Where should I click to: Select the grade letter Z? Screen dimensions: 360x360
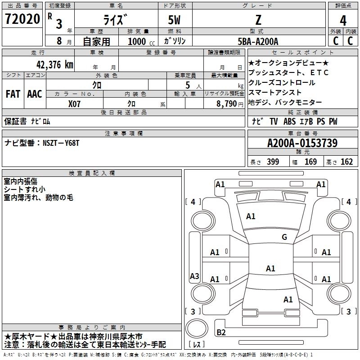point(257,20)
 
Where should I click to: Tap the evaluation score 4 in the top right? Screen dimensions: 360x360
point(343,21)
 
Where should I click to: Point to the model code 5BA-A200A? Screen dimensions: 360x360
point(258,41)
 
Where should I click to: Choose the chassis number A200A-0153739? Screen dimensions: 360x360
point(302,143)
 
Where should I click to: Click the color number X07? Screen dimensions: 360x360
point(75,103)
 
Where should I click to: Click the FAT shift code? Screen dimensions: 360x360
point(13,94)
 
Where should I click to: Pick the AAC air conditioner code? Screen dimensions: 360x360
point(35,94)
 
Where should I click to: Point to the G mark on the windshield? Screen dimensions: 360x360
point(284,237)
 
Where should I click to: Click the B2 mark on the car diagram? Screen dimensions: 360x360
point(221,333)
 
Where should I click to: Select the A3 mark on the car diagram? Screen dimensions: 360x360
point(194,276)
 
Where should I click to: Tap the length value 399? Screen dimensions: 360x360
point(273,162)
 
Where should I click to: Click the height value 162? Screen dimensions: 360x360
point(346,162)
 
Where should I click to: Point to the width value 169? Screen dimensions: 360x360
point(310,162)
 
